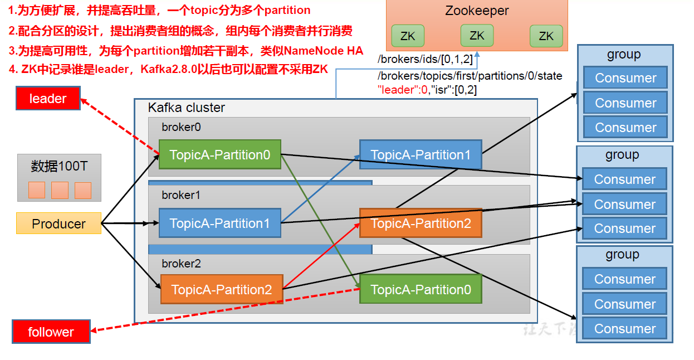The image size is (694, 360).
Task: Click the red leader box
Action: pyautogui.click(x=48, y=99)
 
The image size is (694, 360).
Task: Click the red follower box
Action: pyautogui.click(x=51, y=332)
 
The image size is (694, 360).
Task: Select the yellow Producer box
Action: pyautogui.click(x=58, y=223)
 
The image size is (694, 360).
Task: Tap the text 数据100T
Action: pyautogui.click(x=59, y=166)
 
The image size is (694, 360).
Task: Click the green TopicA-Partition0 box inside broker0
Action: pyautogui.click(x=219, y=155)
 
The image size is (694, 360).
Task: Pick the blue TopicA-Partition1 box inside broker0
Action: pyautogui.click(x=420, y=155)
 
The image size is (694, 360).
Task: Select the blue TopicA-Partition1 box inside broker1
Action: pyautogui.click(x=219, y=223)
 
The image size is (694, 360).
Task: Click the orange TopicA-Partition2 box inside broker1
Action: pyautogui.click(x=420, y=223)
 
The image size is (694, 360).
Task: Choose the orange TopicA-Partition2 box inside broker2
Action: pyautogui.click(x=221, y=290)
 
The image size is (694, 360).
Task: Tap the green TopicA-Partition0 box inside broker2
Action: pyautogui.click(x=420, y=290)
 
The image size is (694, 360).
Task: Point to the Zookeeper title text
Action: pyautogui.click(x=477, y=11)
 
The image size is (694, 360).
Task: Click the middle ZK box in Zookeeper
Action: pyautogui.click(x=477, y=36)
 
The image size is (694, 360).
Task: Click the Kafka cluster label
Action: pyautogui.click(x=186, y=108)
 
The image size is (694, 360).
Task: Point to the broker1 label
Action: pyautogui.click(x=181, y=196)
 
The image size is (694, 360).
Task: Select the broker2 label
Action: pyautogui.click(x=181, y=264)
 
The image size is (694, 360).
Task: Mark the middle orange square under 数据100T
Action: pyautogui.click(x=60, y=191)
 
